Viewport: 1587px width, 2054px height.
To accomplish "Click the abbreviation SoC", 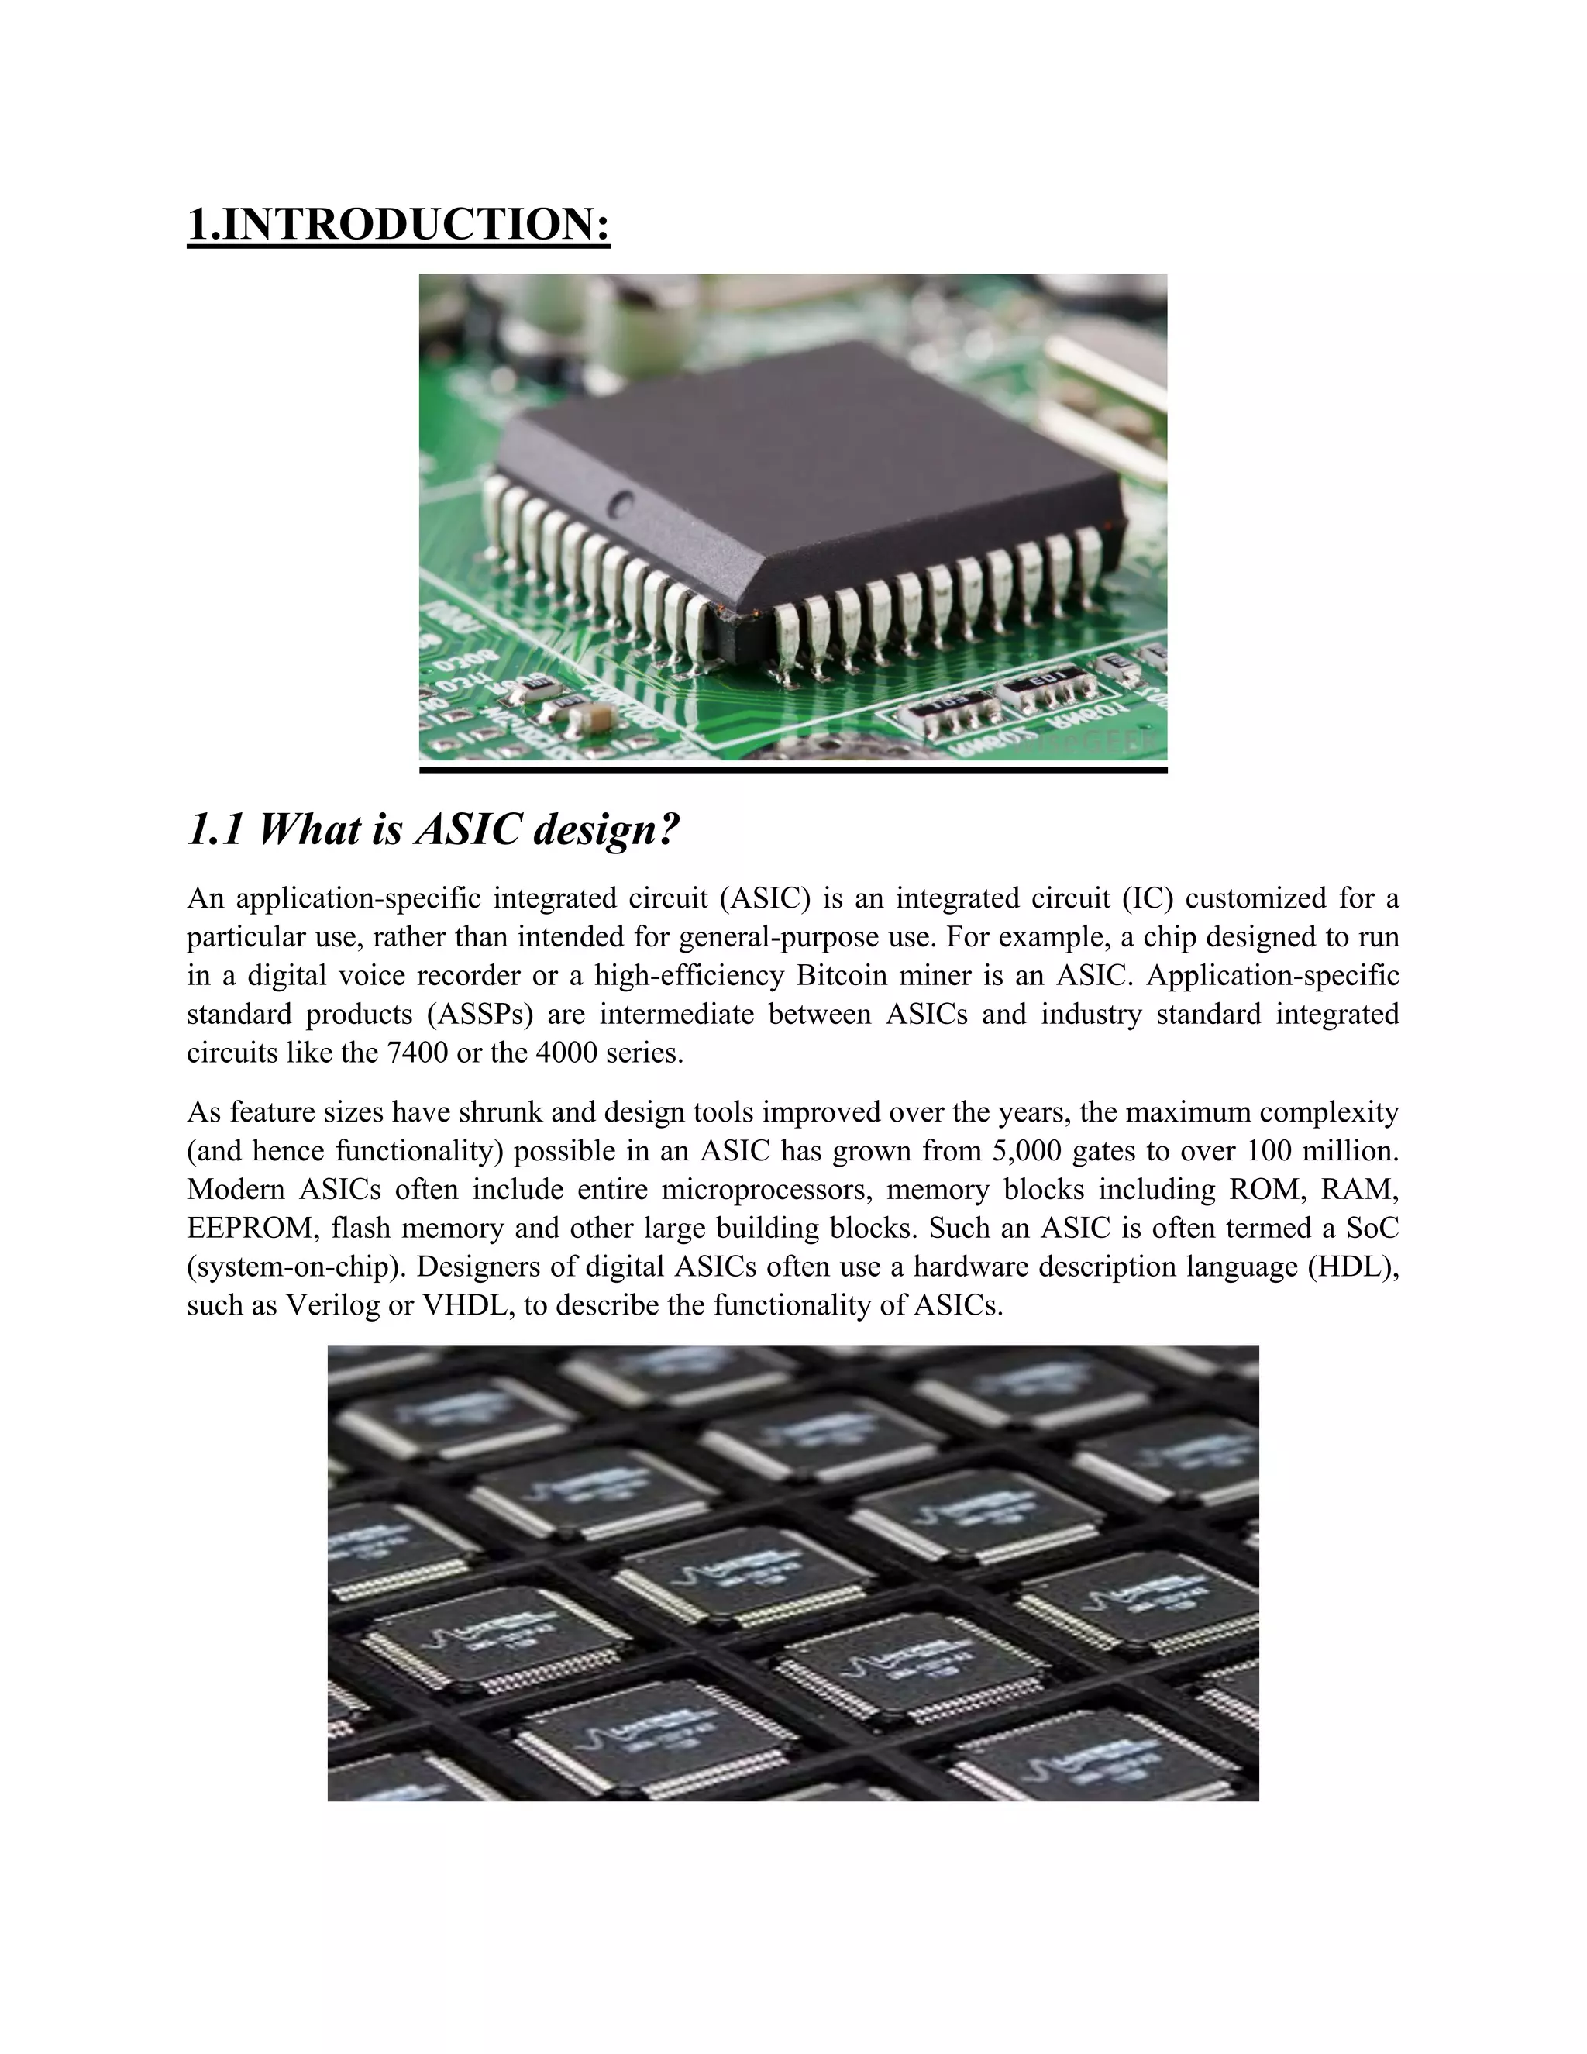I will tap(1372, 1227).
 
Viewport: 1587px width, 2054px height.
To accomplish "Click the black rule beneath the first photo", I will tap(793, 770).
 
